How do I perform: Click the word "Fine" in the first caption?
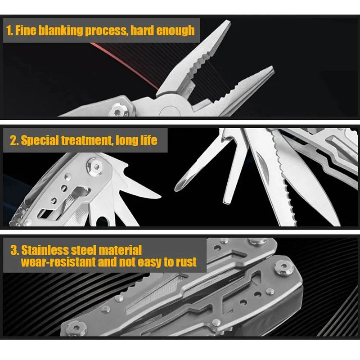click(x=26, y=31)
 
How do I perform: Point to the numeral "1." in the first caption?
click(x=9, y=31)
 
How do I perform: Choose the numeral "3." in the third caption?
click(x=13, y=250)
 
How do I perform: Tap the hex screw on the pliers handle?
click(x=118, y=109)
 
